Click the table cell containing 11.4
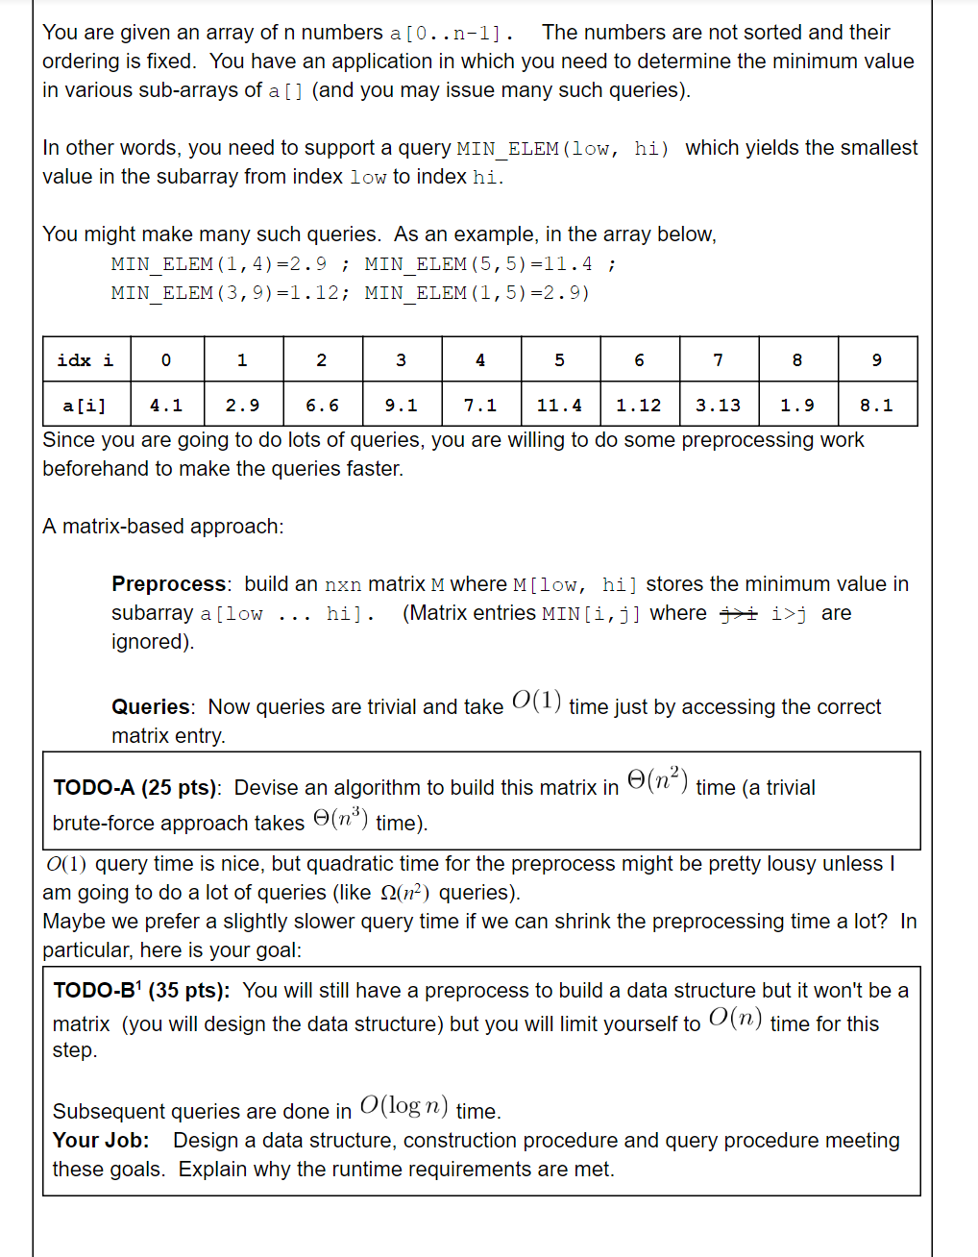pyautogui.click(x=560, y=405)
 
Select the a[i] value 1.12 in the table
pyautogui.click(x=639, y=405)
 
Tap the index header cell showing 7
pyautogui.click(x=719, y=359)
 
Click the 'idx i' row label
pyautogui.click(x=86, y=359)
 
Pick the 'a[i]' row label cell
pyautogui.click(x=86, y=405)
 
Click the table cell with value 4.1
pyautogui.click(x=165, y=405)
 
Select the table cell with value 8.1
pyautogui.click(x=876, y=405)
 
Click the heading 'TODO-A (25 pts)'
pyautogui.click(x=135, y=787)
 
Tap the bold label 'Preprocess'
pyautogui.click(x=169, y=583)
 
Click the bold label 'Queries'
pyautogui.click(x=151, y=706)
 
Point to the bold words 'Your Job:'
pyautogui.click(x=101, y=1140)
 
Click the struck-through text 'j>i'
pyautogui.click(x=739, y=613)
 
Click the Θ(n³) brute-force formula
pyautogui.click(x=340, y=819)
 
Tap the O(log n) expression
pyautogui.click(x=403, y=1106)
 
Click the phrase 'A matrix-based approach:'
pyautogui.click(x=163, y=526)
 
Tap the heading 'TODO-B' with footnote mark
pyautogui.click(x=96, y=990)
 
